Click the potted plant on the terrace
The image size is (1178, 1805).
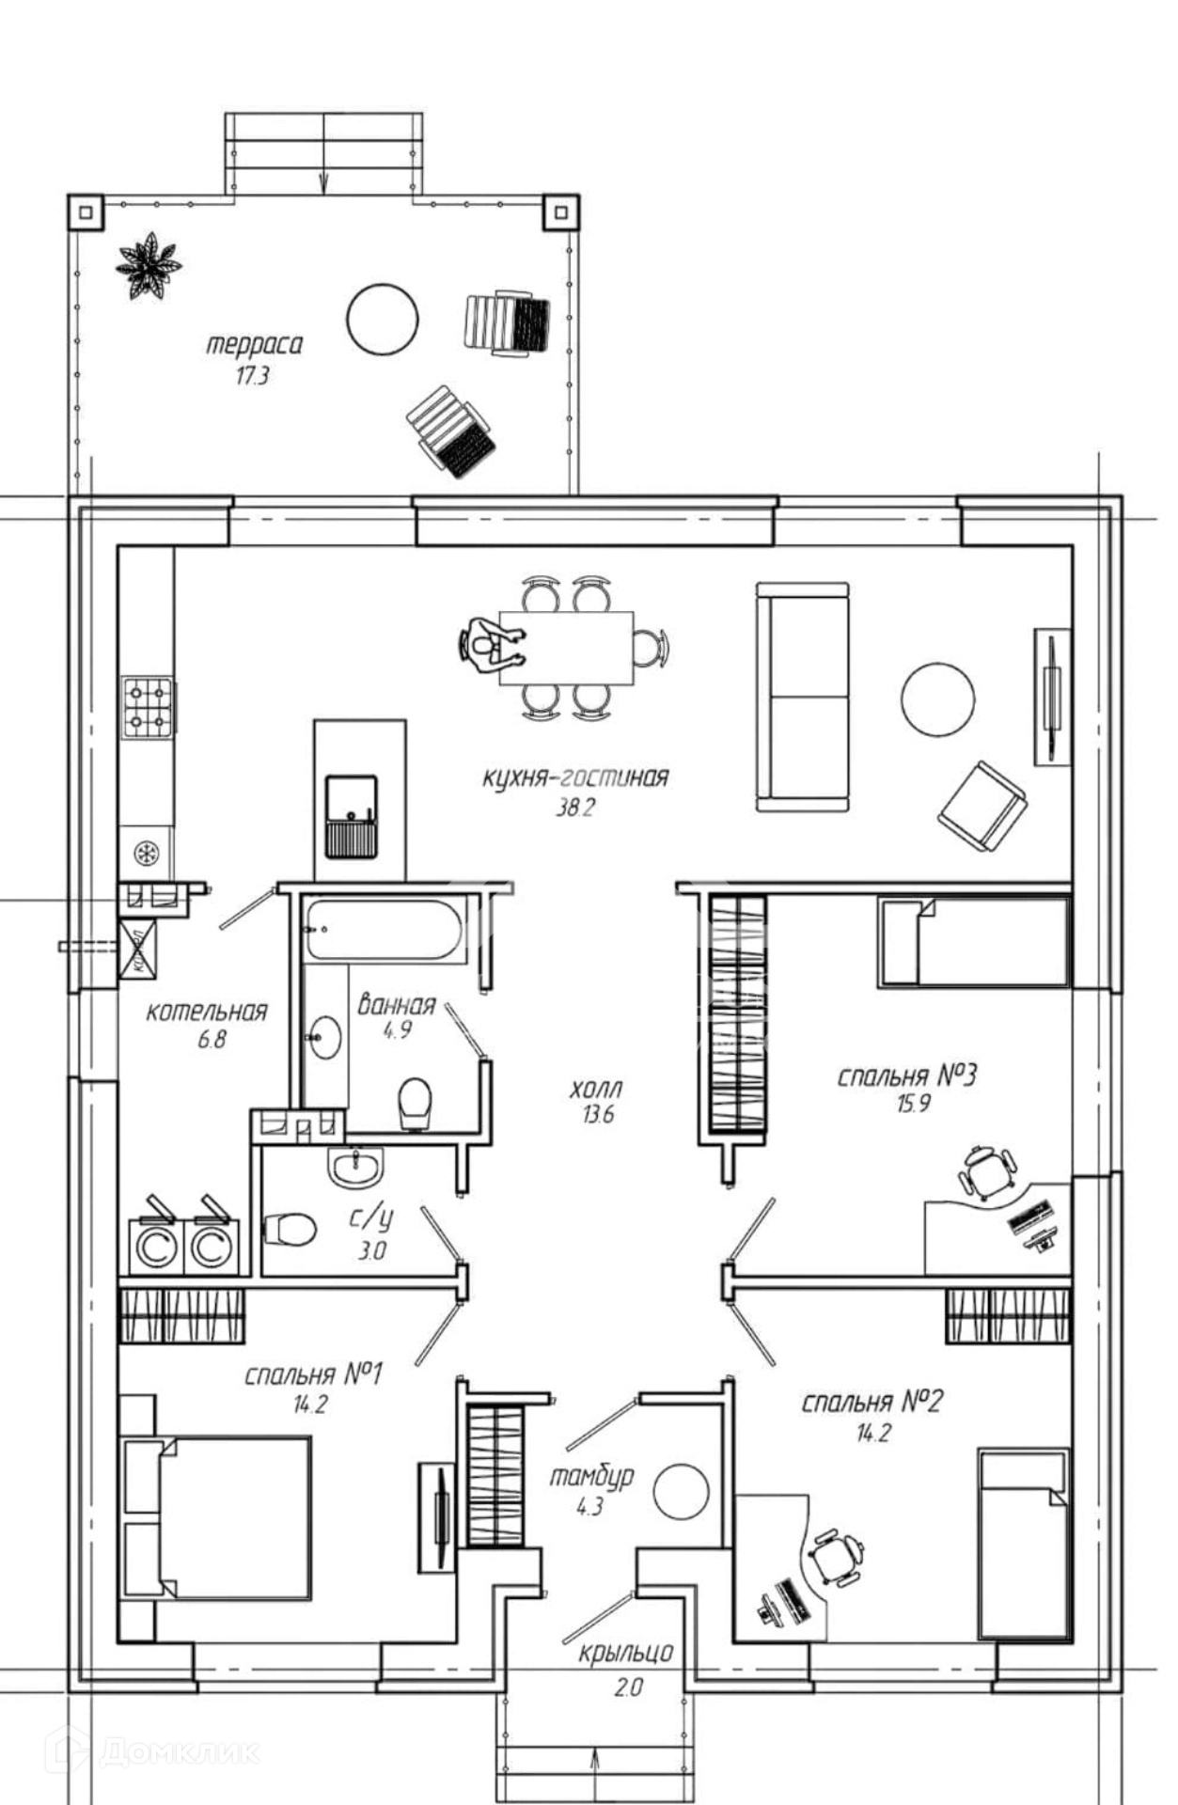[x=148, y=266]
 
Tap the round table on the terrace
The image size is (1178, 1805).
[x=382, y=320]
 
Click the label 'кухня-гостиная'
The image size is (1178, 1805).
[x=575, y=777]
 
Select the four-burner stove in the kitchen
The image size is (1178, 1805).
[x=148, y=706]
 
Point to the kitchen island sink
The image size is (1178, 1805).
[x=351, y=816]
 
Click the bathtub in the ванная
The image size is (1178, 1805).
[x=385, y=931]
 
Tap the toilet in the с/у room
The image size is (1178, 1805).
[x=289, y=1228]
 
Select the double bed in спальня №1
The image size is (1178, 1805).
[x=218, y=1517]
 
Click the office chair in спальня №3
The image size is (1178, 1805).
[x=985, y=1173]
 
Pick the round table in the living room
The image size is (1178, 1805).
[x=937, y=699]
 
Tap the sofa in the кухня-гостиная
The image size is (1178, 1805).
[x=803, y=696]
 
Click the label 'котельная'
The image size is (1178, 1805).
[x=207, y=1012]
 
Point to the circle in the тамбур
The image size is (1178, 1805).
[x=681, y=1491]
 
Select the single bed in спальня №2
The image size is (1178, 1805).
[x=1024, y=1543]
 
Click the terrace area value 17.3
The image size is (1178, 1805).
[x=252, y=377]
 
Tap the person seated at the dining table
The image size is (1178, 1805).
[x=487, y=645]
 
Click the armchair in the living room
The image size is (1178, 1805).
[x=982, y=807]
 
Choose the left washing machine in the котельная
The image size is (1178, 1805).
[x=156, y=1247]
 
